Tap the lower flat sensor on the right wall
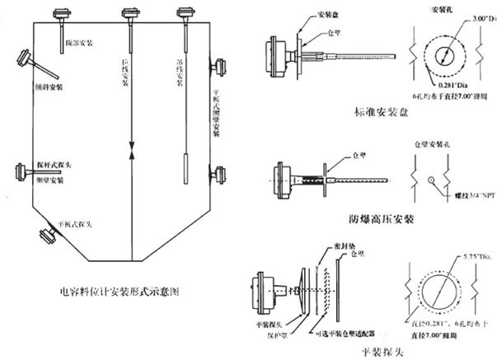[220, 175]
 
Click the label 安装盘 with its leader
[313, 14]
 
